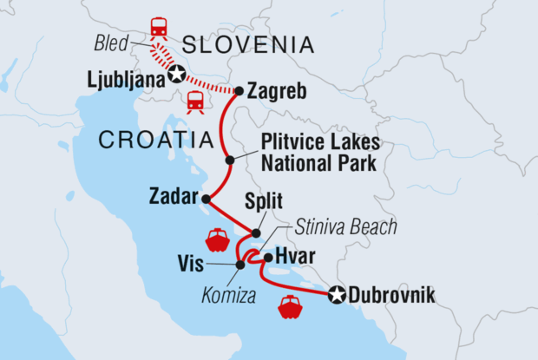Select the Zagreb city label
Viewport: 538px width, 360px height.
point(279,90)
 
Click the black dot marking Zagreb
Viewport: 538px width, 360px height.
point(239,90)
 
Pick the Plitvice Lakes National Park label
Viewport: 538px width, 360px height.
point(321,152)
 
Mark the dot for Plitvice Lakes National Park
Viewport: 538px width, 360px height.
point(230,160)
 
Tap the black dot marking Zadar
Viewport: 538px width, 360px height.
point(206,200)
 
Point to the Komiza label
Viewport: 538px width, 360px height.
point(228,284)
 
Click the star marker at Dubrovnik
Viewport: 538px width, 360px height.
point(337,296)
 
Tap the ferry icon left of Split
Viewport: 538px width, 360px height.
point(217,239)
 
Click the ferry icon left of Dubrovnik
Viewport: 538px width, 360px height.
point(288,307)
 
